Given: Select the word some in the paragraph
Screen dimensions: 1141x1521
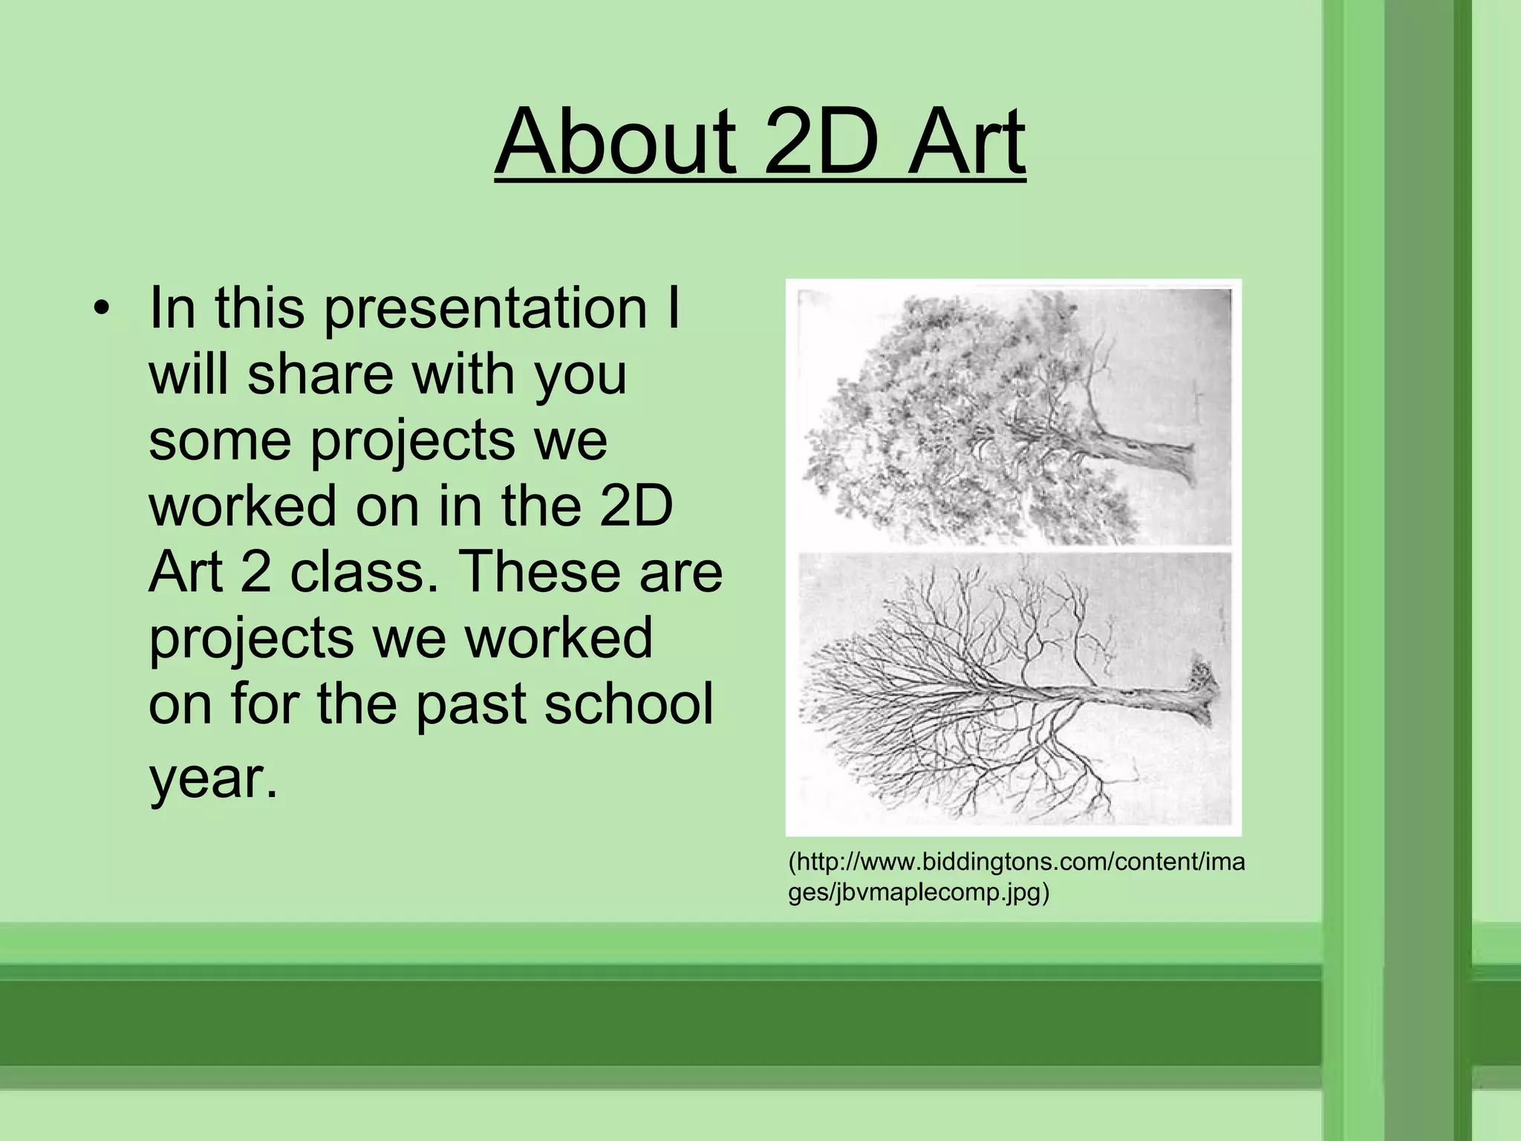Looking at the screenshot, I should coord(219,440).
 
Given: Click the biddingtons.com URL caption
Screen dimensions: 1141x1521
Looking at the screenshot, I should coord(1016,862).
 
